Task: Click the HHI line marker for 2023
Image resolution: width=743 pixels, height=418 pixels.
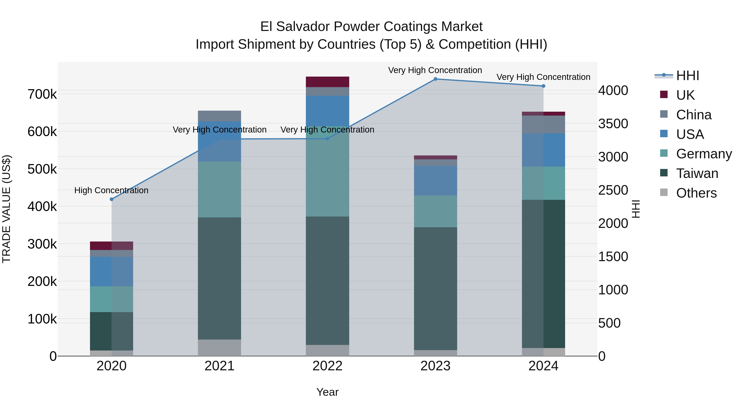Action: [435, 79]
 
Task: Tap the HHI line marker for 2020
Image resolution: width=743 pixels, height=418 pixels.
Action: [112, 199]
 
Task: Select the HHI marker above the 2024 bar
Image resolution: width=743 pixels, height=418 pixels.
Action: [543, 86]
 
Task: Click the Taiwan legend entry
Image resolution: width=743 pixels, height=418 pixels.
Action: [697, 173]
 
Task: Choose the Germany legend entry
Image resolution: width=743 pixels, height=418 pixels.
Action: [704, 154]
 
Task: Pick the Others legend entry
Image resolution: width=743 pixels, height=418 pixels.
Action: [696, 193]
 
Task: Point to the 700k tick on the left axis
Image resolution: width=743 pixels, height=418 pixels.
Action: [42, 94]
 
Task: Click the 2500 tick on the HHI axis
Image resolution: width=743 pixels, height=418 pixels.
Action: [613, 190]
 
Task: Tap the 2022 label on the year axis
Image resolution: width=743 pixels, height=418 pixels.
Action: [327, 366]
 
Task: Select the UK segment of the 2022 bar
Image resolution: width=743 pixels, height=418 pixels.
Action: [327, 82]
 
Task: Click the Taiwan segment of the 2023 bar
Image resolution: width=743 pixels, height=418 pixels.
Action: [435, 289]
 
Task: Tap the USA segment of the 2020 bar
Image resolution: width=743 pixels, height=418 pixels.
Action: [112, 271]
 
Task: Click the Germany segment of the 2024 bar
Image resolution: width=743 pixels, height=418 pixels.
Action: [543, 183]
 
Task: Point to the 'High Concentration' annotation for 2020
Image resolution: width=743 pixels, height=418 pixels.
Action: [111, 190]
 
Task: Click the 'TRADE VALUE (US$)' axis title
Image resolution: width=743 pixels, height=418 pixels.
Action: [6, 209]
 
